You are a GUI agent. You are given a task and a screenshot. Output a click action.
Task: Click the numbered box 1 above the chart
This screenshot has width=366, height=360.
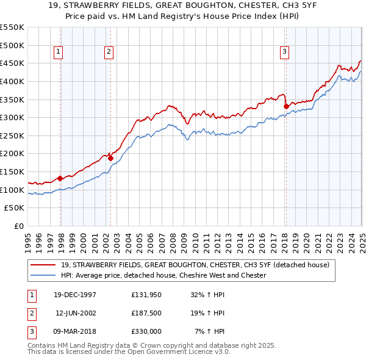tap(58, 52)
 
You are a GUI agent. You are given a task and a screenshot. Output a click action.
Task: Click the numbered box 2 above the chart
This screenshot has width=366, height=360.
tap(108, 52)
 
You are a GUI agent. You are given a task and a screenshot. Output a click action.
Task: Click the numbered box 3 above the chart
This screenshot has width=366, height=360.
tap(284, 52)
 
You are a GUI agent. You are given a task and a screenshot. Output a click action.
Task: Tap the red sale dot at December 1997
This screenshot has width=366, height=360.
tap(60, 178)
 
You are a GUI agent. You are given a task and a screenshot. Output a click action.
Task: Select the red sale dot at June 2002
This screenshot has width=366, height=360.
tap(110, 158)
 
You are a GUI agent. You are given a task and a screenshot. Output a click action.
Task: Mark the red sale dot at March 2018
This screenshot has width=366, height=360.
tap(286, 106)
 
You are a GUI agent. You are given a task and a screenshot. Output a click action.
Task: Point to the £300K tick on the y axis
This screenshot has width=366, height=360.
tap(12, 117)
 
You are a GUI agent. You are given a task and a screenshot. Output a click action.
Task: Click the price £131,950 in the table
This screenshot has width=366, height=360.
tap(146, 295)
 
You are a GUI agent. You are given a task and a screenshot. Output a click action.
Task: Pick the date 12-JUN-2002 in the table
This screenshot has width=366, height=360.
tap(76, 313)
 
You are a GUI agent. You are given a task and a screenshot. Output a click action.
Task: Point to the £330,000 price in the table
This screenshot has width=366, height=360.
tap(146, 331)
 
